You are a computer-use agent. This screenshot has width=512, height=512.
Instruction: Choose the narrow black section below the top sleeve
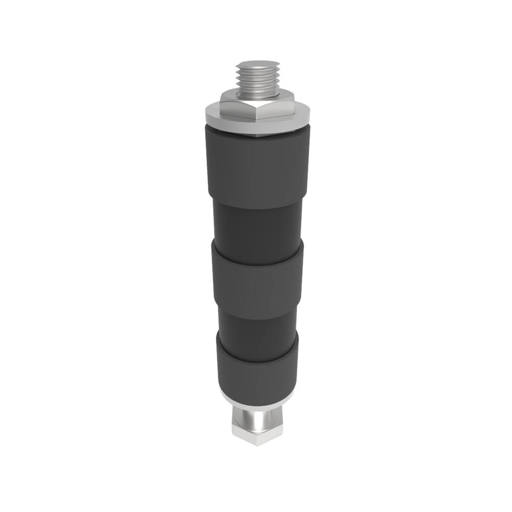[257, 225]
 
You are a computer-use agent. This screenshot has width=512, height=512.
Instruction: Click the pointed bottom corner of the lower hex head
[257, 444]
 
